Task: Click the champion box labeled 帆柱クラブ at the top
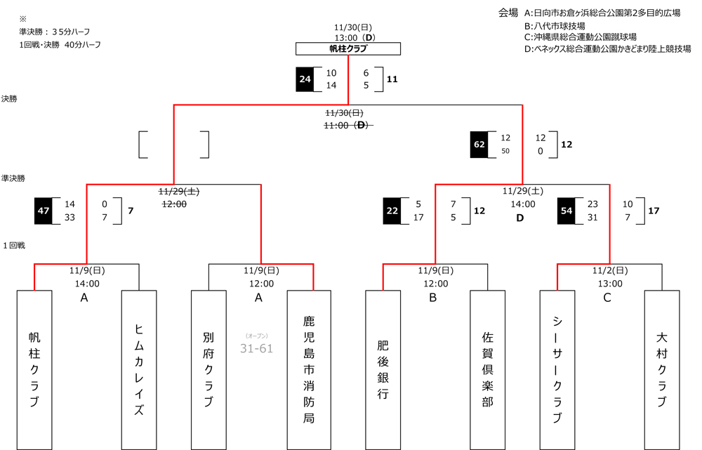(x=348, y=48)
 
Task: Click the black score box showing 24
(x=305, y=79)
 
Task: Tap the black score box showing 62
(x=479, y=145)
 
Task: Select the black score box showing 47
(x=44, y=211)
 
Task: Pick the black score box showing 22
(x=392, y=211)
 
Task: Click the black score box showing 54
(x=567, y=211)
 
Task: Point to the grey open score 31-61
(x=256, y=348)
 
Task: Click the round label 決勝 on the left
(x=10, y=99)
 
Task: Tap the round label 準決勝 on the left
(x=14, y=178)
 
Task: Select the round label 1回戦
(x=14, y=246)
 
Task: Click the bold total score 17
(x=654, y=211)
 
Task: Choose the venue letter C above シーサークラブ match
(x=607, y=298)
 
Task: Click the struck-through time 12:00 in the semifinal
(x=174, y=204)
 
